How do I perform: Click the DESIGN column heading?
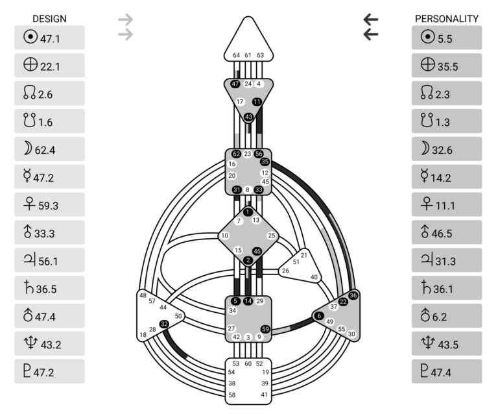(49, 19)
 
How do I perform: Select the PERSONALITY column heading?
(447, 19)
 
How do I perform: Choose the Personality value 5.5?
(445, 38)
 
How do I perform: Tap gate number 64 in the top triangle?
(237, 56)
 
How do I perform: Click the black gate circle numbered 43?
(248, 117)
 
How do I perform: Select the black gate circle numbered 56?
(259, 154)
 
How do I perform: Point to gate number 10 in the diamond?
(225, 236)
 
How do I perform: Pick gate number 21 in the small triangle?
(304, 255)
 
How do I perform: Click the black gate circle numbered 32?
(164, 324)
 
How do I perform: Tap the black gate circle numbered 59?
(265, 329)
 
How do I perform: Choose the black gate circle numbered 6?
(319, 315)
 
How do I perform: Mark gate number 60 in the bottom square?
(248, 364)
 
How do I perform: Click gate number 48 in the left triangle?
(143, 296)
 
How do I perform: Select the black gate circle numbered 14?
(248, 301)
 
